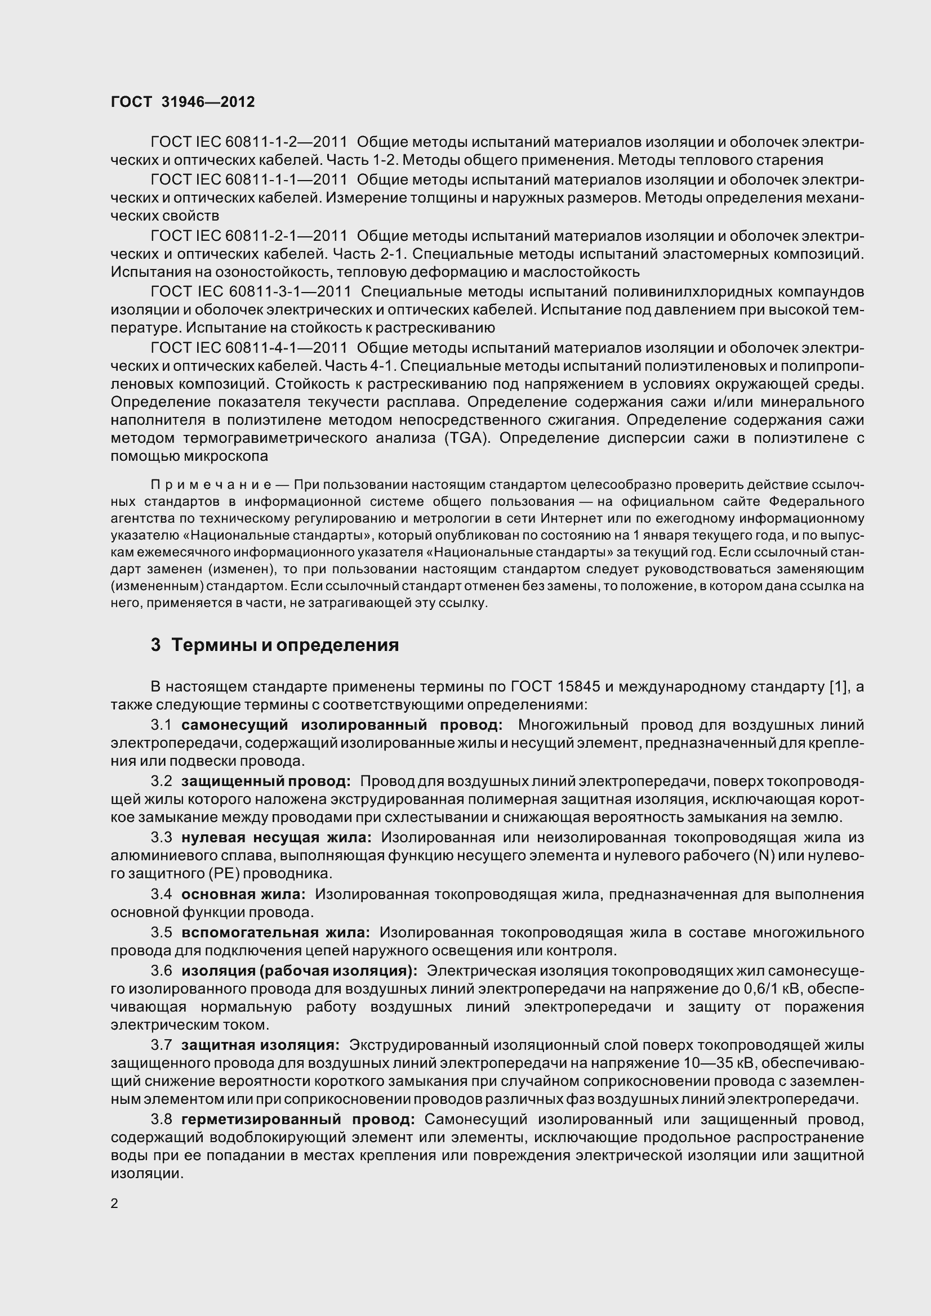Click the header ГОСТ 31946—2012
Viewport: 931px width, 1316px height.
point(182,102)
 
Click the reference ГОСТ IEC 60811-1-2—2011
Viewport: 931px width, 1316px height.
point(249,142)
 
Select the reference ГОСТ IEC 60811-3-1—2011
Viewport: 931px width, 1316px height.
point(251,292)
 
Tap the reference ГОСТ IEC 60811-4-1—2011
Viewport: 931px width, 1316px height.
point(249,348)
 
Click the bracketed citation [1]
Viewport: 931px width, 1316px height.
point(838,686)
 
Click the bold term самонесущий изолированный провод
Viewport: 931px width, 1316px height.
point(342,725)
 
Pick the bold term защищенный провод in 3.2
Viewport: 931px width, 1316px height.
point(266,781)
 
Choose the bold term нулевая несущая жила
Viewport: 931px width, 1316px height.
point(276,837)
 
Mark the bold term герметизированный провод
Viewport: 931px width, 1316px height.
point(298,1120)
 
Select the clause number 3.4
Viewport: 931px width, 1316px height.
point(161,894)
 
